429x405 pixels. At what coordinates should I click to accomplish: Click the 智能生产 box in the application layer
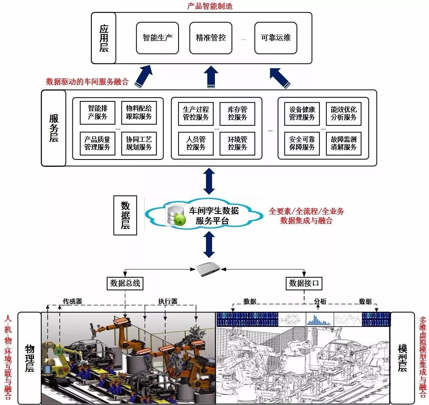157,38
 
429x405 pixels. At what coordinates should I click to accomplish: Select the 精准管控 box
210,38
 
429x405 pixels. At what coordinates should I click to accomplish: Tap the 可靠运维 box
276,38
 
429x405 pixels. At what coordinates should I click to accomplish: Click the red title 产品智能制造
210,6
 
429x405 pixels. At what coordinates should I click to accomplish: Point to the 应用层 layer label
104,38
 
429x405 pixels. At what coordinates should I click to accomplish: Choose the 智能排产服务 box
97,113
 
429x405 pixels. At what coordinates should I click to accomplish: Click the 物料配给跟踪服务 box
139,113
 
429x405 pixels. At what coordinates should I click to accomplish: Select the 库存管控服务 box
237,113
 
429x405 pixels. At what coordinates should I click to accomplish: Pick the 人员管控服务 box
196,143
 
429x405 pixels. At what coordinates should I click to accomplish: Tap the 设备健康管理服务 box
302,113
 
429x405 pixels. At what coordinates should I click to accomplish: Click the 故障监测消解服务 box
344,143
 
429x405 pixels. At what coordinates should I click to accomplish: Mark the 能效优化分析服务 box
344,113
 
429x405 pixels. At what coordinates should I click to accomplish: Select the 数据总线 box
125,283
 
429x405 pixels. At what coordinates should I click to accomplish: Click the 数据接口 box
304,283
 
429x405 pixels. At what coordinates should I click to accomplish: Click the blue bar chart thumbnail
319,319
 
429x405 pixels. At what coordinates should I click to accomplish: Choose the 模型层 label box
402,358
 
